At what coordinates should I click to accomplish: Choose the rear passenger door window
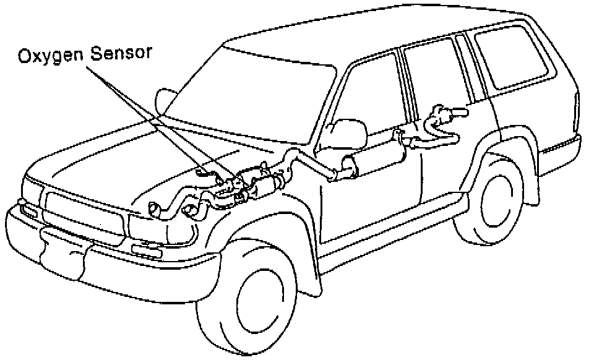pos(436,75)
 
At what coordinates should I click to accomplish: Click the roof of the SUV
pos(379,34)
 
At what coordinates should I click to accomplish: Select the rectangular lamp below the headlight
pos(147,251)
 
